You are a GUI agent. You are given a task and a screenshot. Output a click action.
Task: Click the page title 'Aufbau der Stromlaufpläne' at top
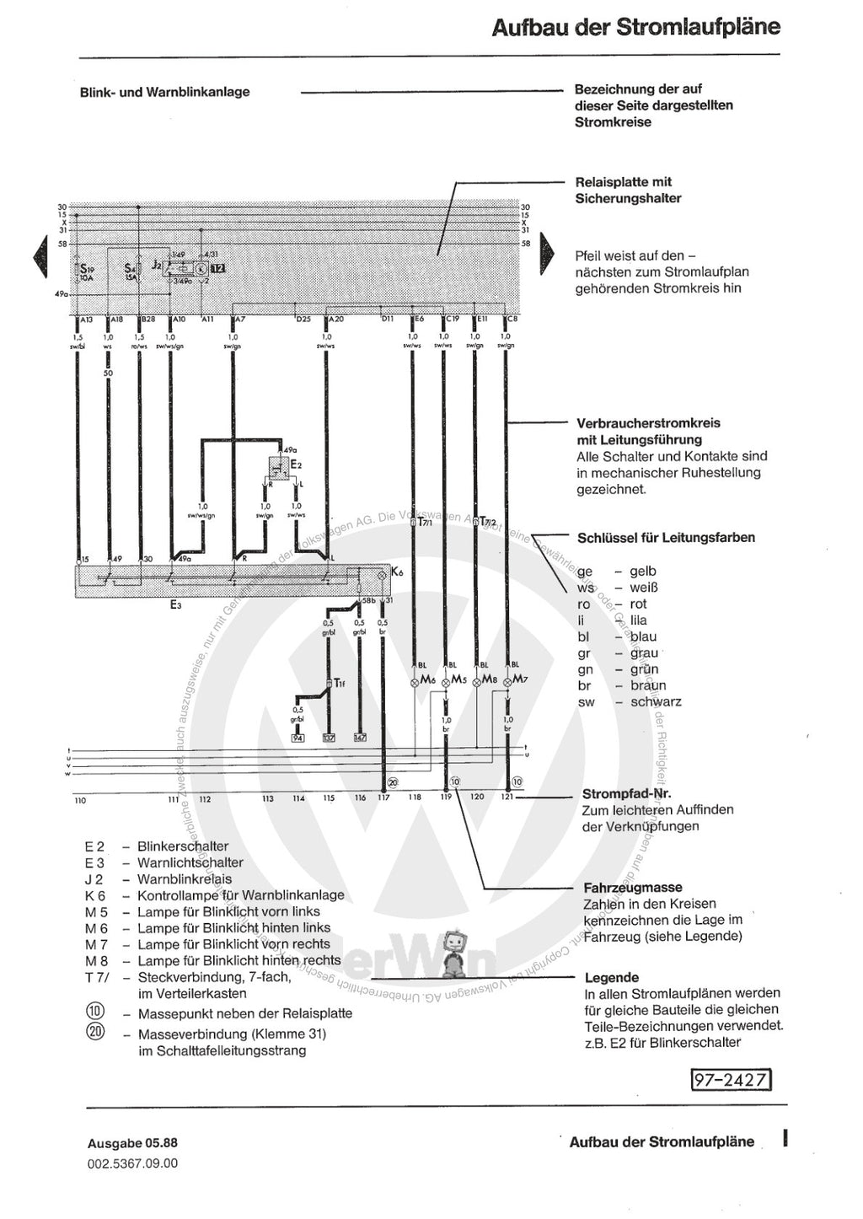pyautogui.click(x=635, y=27)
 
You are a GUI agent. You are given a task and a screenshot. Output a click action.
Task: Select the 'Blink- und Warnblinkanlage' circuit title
pyautogui.click(x=164, y=92)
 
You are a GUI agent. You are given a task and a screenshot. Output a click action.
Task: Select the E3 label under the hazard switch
pyautogui.click(x=175, y=604)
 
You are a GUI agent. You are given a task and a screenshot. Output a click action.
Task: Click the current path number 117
pyautogui.click(x=384, y=797)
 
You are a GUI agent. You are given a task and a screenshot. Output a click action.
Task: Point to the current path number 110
pyautogui.click(x=80, y=799)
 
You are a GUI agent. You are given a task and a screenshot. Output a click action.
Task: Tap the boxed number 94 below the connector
pyautogui.click(x=297, y=738)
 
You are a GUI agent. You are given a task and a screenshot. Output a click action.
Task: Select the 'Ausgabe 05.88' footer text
pyautogui.click(x=132, y=1144)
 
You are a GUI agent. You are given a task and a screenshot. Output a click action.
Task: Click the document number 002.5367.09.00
pyautogui.click(x=132, y=1163)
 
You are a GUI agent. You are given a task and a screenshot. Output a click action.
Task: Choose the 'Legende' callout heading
pyautogui.click(x=612, y=978)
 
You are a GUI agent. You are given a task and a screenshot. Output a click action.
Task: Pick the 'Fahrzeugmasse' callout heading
pyautogui.click(x=633, y=888)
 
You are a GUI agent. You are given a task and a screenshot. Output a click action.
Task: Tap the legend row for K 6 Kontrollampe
pyautogui.click(x=215, y=895)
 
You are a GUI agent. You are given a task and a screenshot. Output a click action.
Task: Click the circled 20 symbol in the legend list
pyautogui.click(x=95, y=1031)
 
